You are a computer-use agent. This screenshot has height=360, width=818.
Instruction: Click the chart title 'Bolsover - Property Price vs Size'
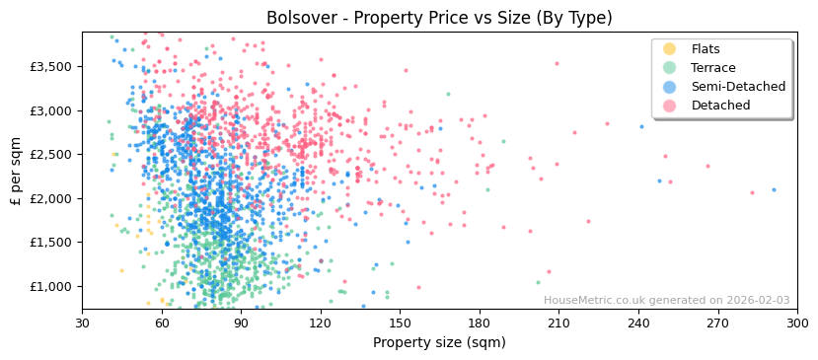(x=439, y=18)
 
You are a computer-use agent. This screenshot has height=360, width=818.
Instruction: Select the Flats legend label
(x=706, y=49)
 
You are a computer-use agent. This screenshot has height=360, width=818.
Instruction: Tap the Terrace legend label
(x=712, y=68)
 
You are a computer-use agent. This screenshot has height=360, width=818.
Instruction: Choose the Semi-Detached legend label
(x=738, y=87)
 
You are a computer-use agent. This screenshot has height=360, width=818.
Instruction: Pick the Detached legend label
(x=720, y=106)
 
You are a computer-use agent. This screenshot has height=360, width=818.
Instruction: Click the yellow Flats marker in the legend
(x=669, y=49)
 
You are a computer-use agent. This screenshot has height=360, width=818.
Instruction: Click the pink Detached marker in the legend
(x=669, y=106)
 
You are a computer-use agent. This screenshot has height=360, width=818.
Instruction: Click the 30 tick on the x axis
(x=82, y=324)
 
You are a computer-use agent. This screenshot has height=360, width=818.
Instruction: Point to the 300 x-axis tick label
(x=796, y=324)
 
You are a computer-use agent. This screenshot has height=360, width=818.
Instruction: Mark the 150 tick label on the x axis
(x=400, y=324)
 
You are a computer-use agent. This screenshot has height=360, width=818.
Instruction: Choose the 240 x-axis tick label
(x=637, y=324)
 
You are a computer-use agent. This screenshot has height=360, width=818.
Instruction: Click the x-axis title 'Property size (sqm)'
(x=439, y=343)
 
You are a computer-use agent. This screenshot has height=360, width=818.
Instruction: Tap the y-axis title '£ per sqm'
(x=17, y=171)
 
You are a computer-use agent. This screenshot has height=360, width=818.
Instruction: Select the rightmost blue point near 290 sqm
(x=774, y=189)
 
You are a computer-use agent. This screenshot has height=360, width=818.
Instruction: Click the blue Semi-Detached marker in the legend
(x=669, y=87)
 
